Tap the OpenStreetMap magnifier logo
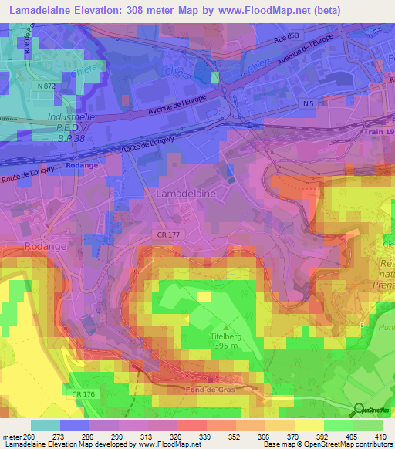click(x=359, y=410)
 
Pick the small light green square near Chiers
click(x=215, y=77)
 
